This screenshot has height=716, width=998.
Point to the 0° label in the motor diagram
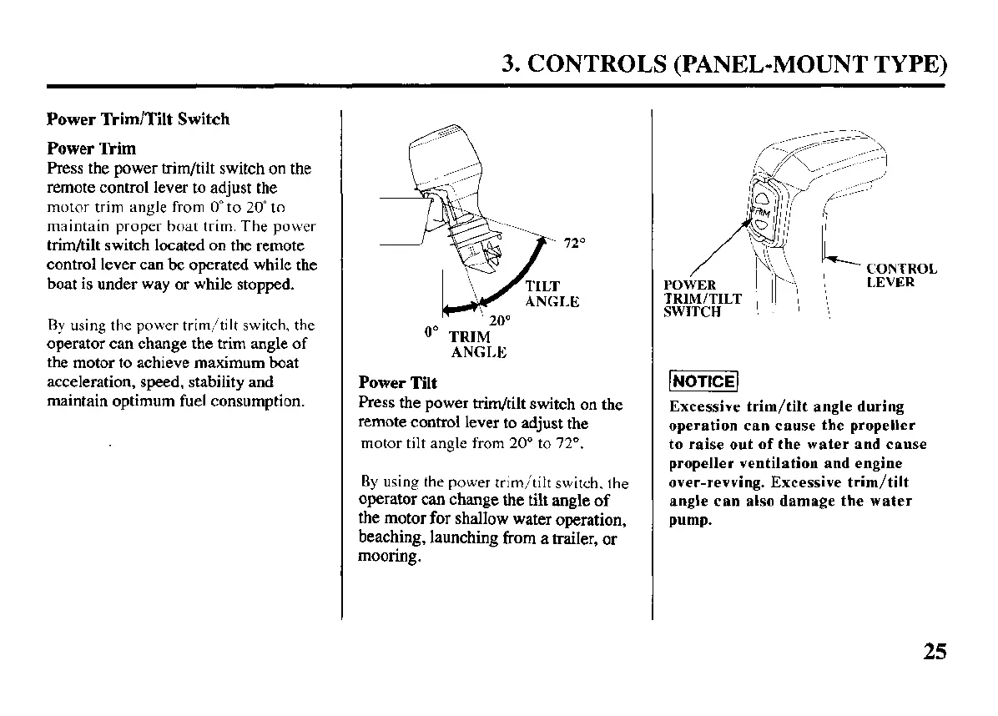431,331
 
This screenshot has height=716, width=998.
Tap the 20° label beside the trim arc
499,320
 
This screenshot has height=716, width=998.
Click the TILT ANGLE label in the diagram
551,294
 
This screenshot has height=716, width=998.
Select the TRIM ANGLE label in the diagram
477,345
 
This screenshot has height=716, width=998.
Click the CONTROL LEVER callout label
901,275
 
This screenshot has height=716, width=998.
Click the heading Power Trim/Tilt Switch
138,119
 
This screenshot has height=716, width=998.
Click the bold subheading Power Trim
91,149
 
